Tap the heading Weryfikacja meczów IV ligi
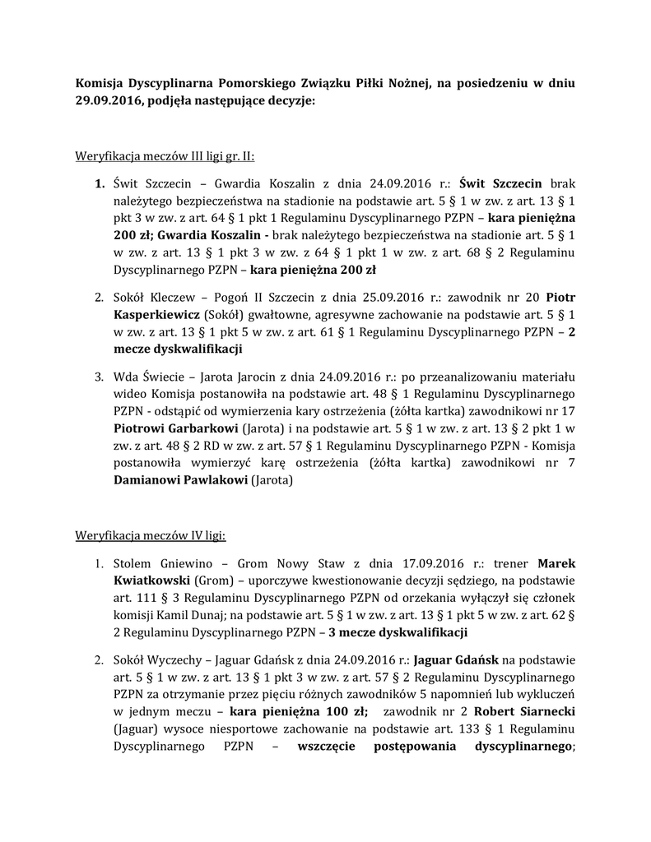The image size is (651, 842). [x=151, y=535]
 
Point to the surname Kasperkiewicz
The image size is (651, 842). [x=156, y=314]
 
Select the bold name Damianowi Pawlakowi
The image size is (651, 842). [x=180, y=480]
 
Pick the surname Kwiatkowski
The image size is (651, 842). [x=151, y=581]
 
